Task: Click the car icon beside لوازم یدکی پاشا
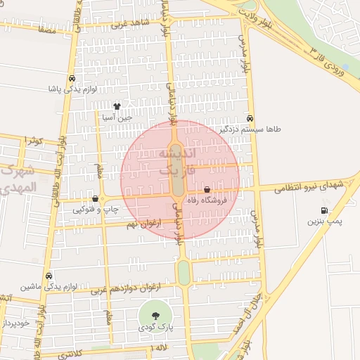pyautogui.click(x=72, y=78)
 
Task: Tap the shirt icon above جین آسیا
pyautogui.click(x=117, y=107)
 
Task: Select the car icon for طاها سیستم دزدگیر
pyautogui.click(x=250, y=119)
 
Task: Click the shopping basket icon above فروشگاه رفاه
pyautogui.click(x=207, y=190)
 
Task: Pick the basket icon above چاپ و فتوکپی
pyautogui.click(x=95, y=199)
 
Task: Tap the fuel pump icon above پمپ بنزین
pyautogui.click(x=324, y=210)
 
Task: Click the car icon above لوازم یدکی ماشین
pyautogui.click(x=49, y=276)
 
